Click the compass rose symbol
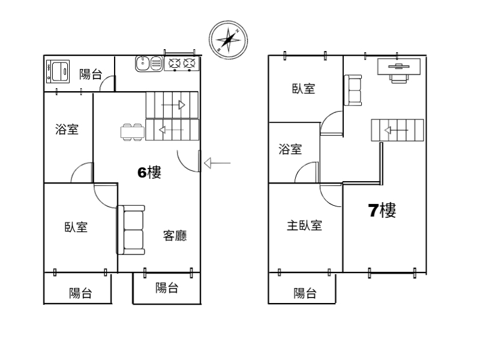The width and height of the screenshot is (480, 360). click(x=228, y=40)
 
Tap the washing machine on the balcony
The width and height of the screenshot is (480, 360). click(x=58, y=71)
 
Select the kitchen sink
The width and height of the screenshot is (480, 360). click(x=149, y=64)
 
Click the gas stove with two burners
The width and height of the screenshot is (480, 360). click(x=182, y=64)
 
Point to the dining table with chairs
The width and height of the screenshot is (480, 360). click(x=133, y=132)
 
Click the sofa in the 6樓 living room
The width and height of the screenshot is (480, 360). click(x=131, y=230)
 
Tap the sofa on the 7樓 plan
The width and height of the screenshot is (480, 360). click(x=353, y=91)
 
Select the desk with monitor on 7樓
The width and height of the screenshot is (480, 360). click(x=399, y=70)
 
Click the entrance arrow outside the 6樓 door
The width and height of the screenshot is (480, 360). click(x=217, y=163)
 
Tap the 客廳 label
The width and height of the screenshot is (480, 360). click(x=175, y=236)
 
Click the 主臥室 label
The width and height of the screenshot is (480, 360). click(x=305, y=226)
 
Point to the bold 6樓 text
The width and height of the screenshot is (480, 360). click(x=149, y=172)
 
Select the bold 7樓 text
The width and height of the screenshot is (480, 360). click(x=382, y=211)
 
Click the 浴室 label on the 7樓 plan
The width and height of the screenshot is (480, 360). click(x=290, y=149)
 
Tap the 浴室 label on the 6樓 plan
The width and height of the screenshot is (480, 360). click(x=67, y=129)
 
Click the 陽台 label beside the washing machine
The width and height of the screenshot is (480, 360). click(x=91, y=74)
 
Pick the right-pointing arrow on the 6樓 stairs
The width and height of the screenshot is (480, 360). click(x=173, y=105)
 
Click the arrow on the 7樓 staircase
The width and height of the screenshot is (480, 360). click(x=396, y=130)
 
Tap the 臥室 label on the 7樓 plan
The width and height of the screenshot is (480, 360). click(x=304, y=88)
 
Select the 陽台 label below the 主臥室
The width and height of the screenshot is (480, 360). click(x=305, y=293)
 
